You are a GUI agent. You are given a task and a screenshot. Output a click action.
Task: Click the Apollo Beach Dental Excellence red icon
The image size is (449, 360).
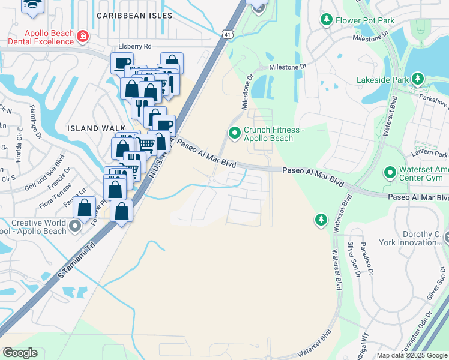coord(82,38)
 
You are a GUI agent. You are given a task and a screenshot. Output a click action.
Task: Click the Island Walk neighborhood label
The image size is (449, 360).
coord(96,128)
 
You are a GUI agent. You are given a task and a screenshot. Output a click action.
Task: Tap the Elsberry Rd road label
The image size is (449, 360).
coord(135,46)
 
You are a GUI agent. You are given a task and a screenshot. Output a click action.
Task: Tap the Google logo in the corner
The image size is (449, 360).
coord(20,353)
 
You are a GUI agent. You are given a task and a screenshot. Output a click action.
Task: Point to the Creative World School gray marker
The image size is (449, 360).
coord(74,226)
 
